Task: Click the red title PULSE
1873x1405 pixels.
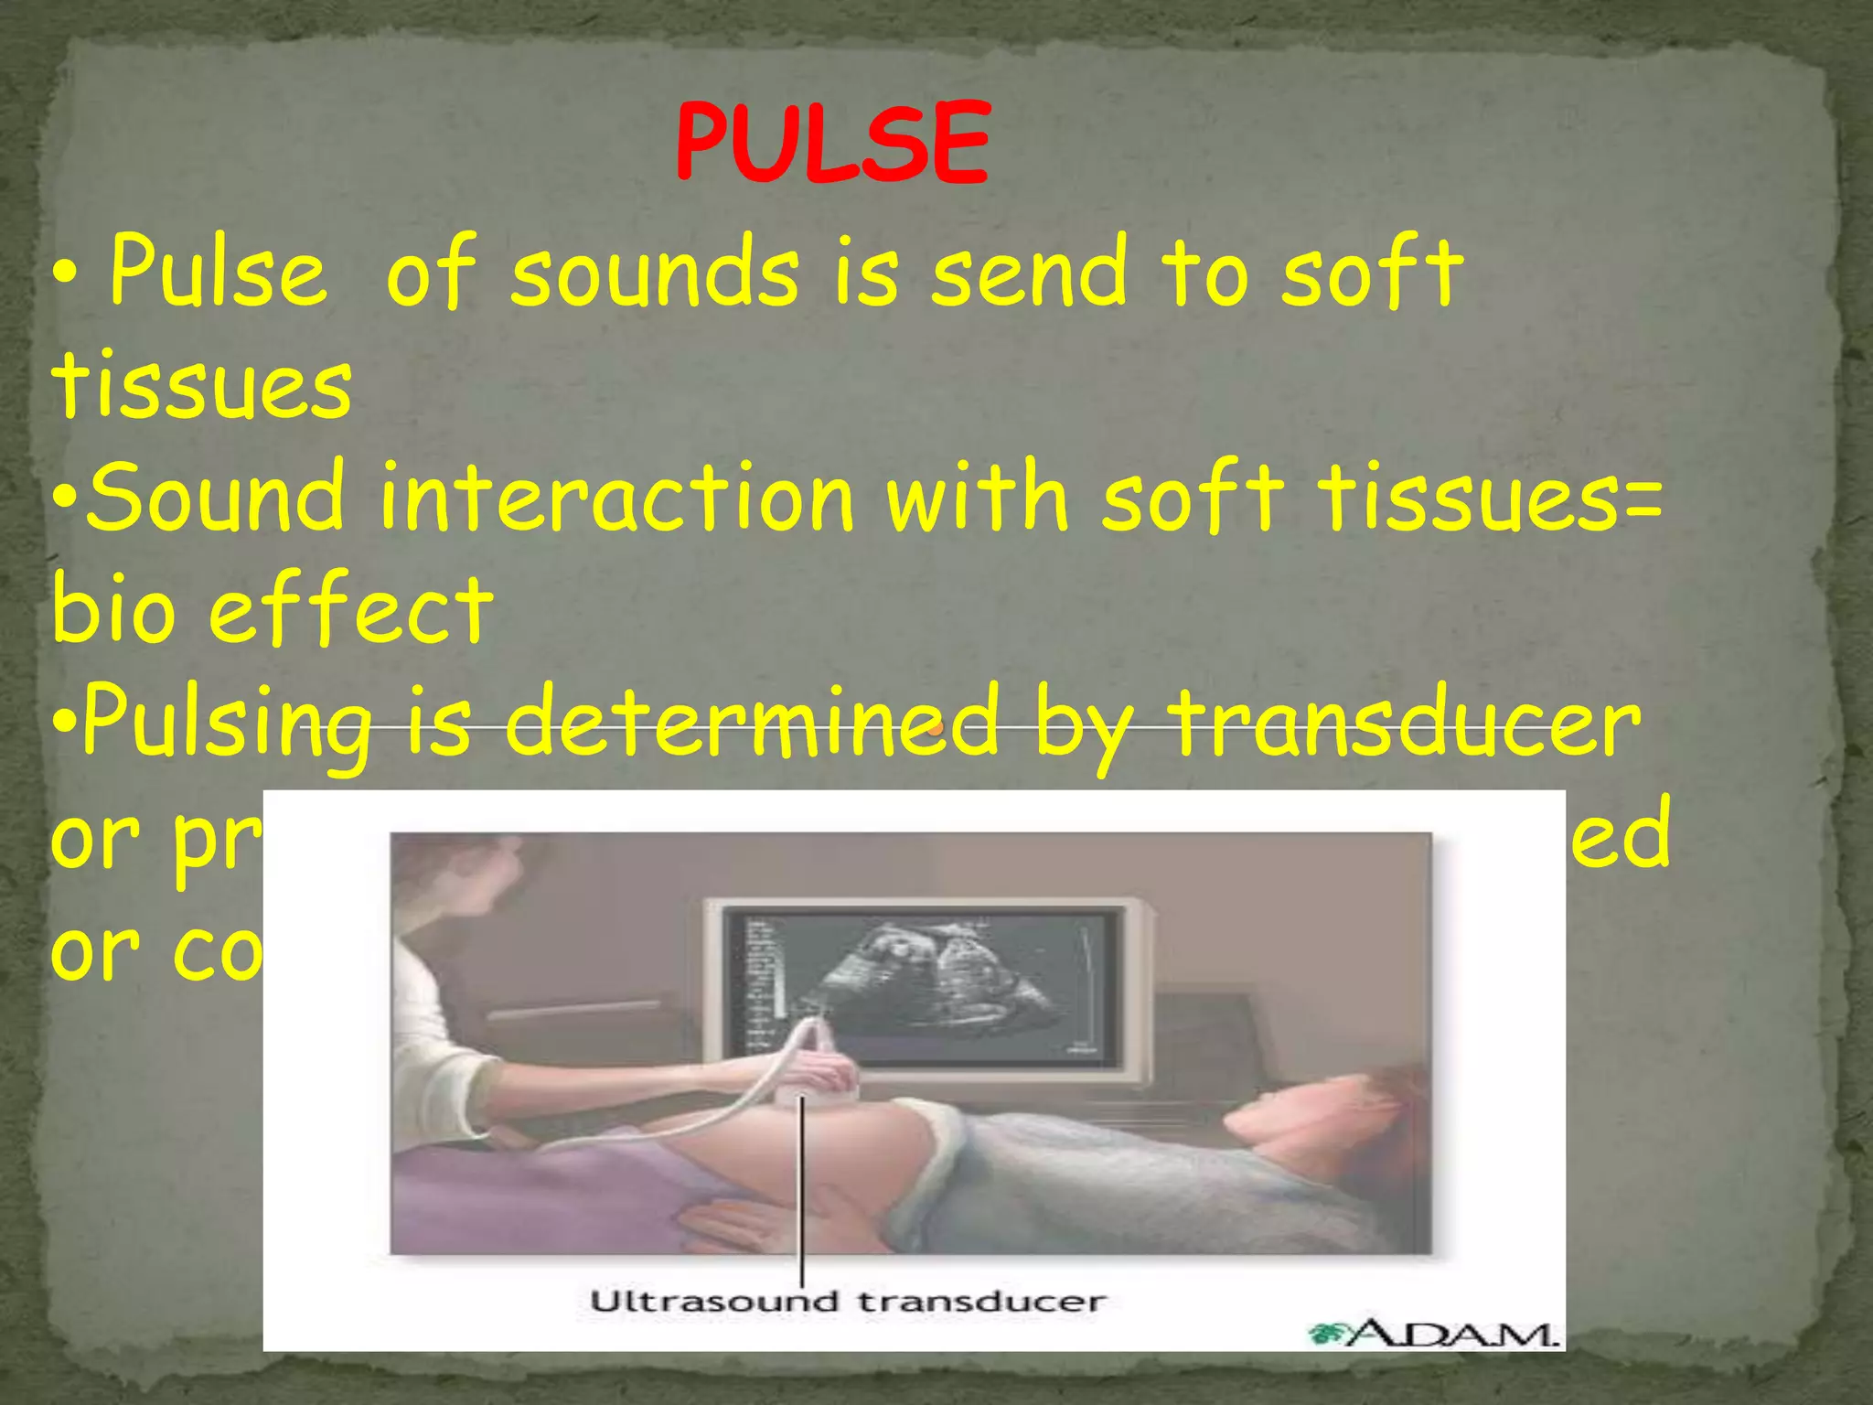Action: point(832,144)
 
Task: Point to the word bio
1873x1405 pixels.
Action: point(112,610)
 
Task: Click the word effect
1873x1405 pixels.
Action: point(351,610)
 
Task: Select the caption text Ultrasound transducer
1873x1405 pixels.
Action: point(847,1301)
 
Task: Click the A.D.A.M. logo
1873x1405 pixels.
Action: point(1434,1333)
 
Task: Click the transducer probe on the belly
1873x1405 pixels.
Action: point(819,1070)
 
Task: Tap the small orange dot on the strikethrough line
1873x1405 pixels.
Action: point(934,729)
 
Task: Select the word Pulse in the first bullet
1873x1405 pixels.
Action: point(218,272)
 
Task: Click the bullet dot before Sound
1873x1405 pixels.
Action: point(66,499)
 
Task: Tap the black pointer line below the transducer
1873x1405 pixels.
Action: point(802,1189)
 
